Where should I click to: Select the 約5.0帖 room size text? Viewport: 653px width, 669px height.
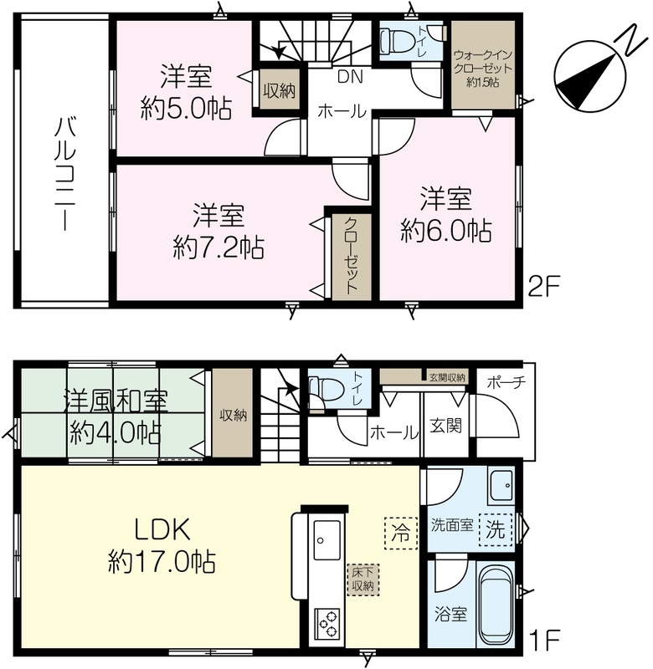(x=186, y=109)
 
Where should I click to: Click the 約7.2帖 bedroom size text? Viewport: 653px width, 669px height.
(x=219, y=247)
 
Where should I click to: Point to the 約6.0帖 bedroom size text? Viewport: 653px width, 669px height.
(x=446, y=231)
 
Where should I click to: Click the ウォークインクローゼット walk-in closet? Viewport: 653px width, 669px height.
(x=483, y=65)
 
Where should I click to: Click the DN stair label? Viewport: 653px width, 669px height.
(x=350, y=77)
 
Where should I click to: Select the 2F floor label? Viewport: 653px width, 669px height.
(x=543, y=286)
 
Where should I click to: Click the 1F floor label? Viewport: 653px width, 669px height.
(x=544, y=638)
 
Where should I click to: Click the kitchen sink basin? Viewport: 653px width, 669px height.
(x=327, y=540)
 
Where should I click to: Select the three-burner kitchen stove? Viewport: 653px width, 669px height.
(x=327, y=624)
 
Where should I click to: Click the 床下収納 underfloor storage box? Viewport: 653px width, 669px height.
(x=363, y=580)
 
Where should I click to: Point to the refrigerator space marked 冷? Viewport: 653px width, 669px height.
(x=401, y=533)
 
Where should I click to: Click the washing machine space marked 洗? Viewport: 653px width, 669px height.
(x=496, y=530)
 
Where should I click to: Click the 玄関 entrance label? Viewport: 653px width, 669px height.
(x=445, y=426)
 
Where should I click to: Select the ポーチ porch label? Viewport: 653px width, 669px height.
(x=506, y=382)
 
